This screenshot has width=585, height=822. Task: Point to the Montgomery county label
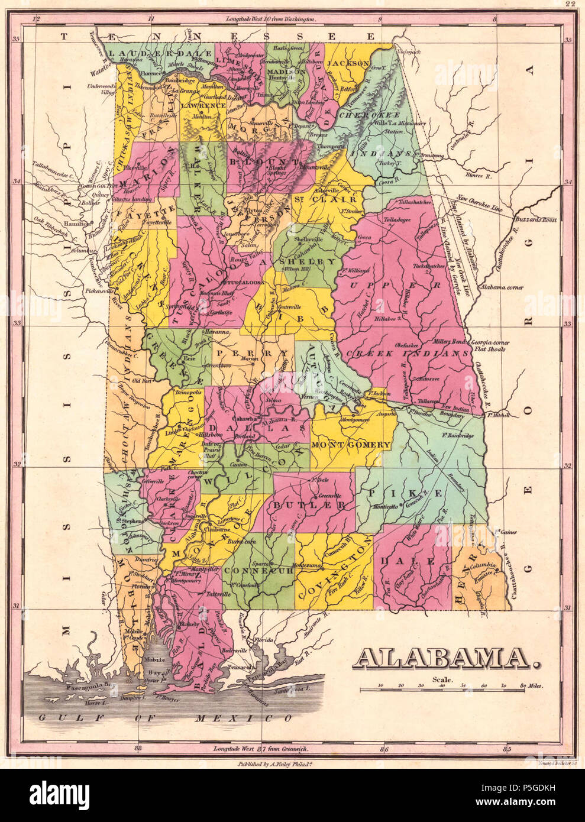pos(351,444)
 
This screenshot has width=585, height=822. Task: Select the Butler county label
pos(309,506)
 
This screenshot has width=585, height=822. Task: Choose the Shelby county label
pos(307,261)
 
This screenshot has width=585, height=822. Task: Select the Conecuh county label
pos(261,571)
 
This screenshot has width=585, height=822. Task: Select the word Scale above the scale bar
pos(442,679)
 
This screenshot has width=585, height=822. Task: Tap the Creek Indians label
pos(408,353)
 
